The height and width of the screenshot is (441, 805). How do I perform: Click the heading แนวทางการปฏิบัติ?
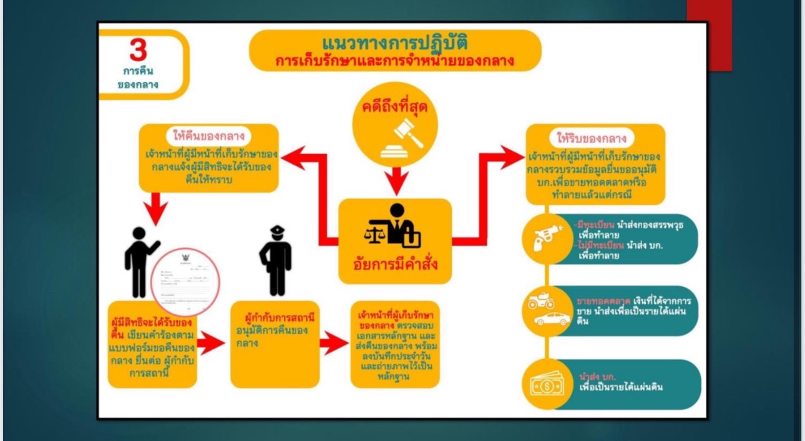point(395,44)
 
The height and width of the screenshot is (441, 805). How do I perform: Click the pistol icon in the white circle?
point(545,238)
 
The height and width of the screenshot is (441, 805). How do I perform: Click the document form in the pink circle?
point(185,281)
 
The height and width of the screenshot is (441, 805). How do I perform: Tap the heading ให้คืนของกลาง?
point(208,135)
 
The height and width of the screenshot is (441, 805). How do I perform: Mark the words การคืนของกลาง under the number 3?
point(139,78)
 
